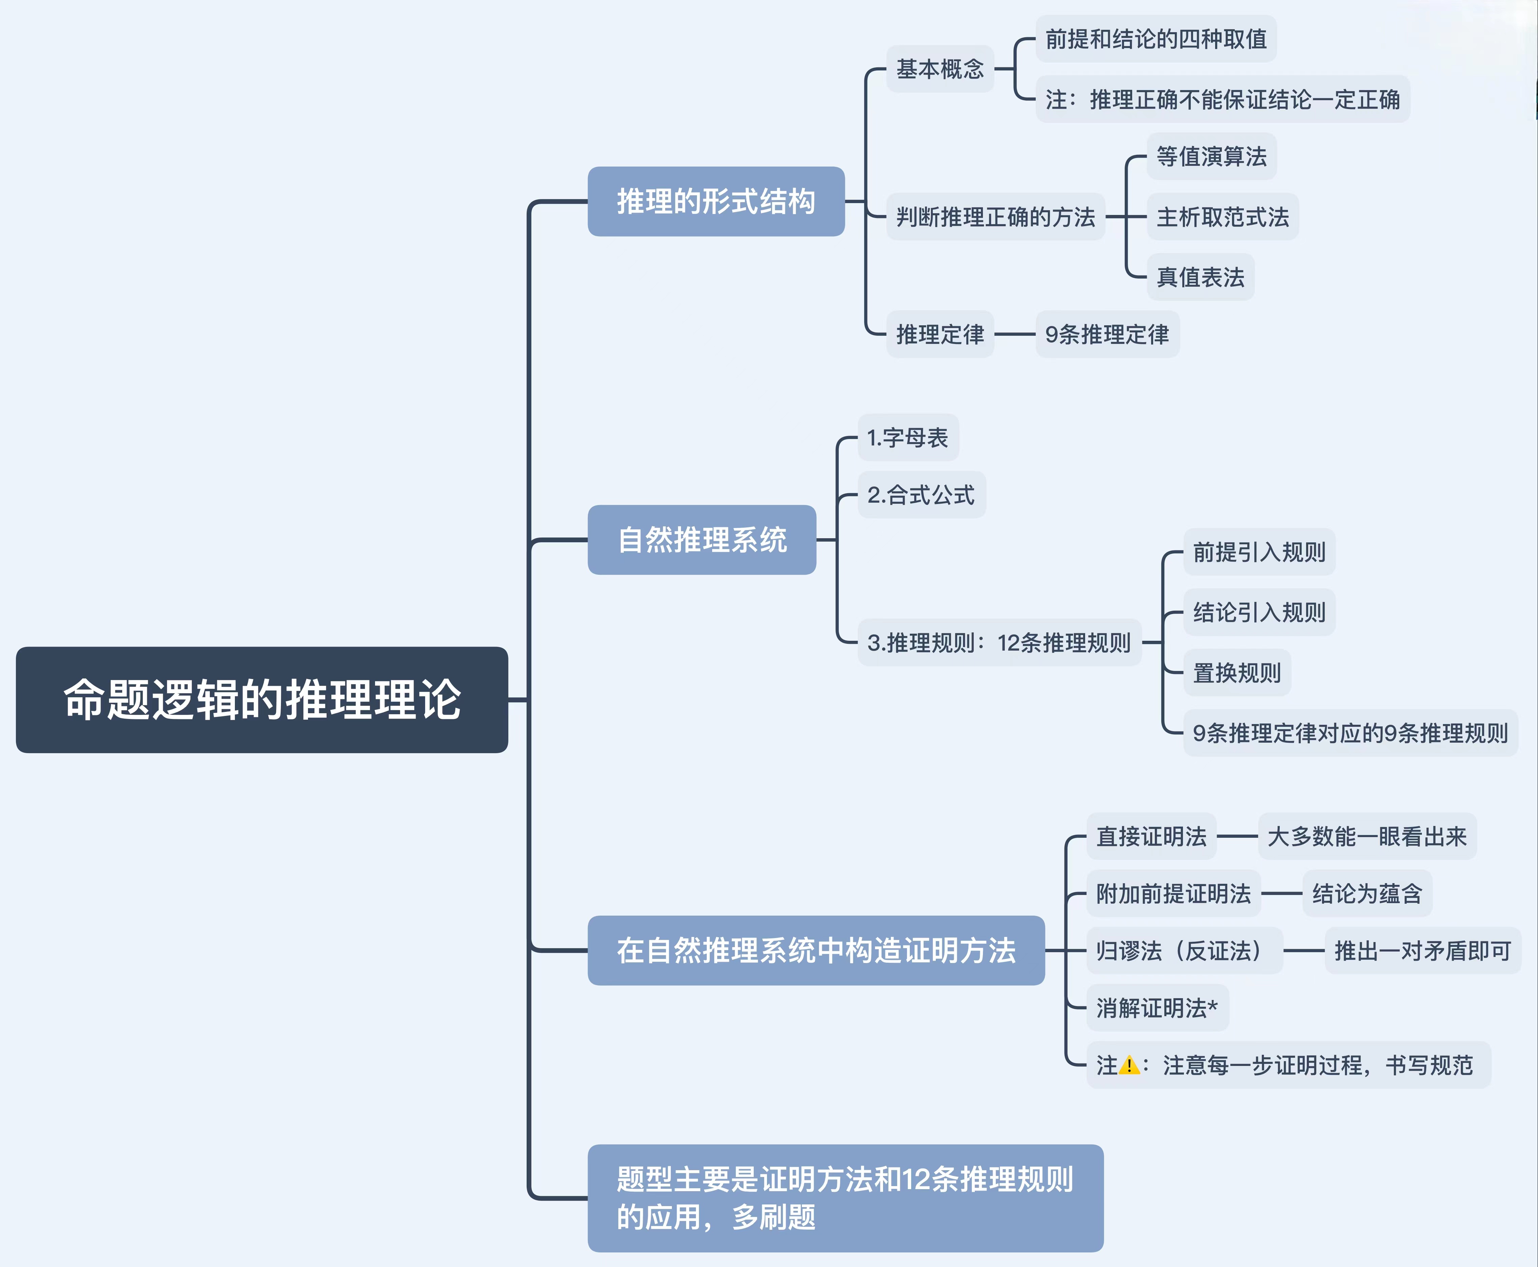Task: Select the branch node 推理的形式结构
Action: [x=716, y=201]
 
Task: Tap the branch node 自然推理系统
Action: [x=702, y=540]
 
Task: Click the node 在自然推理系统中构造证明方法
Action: [x=816, y=950]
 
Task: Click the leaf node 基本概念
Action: [x=940, y=69]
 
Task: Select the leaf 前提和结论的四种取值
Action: [x=1156, y=39]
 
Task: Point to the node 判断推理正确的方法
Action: [x=995, y=217]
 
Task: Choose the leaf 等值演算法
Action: [x=1211, y=156]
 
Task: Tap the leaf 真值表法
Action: [x=1200, y=277]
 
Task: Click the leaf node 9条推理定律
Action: [x=1107, y=334]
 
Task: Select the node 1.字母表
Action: [x=908, y=438]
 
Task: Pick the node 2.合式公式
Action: [x=921, y=495]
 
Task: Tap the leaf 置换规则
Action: [x=1237, y=672]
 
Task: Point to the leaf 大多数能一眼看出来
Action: [x=1366, y=836]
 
